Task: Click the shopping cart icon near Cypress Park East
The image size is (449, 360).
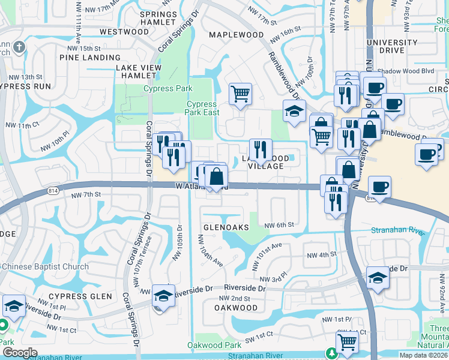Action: click(x=240, y=94)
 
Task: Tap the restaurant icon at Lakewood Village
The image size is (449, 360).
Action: click(x=261, y=149)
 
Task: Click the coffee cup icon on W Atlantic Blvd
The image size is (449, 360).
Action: click(x=380, y=187)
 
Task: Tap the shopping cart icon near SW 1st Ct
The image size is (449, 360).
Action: click(x=347, y=343)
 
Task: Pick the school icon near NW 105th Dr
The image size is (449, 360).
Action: click(x=163, y=295)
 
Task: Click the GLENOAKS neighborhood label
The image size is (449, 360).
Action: click(x=226, y=228)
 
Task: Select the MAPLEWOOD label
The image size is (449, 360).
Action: click(x=236, y=35)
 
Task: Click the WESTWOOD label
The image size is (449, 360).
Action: click(x=124, y=31)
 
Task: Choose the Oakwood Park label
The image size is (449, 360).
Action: click(x=214, y=345)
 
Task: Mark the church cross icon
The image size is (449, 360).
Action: click(x=19, y=47)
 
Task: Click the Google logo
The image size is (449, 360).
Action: click(x=20, y=353)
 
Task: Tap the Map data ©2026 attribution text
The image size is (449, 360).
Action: click(x=424, y=355)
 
